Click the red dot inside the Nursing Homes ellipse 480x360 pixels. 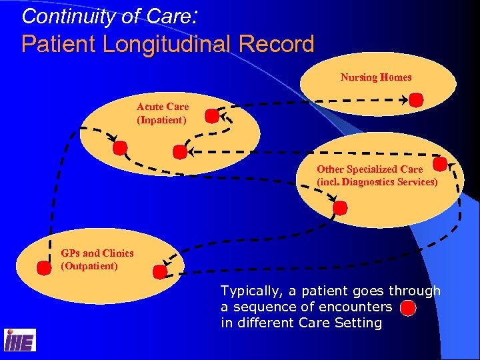[x=416, y=100]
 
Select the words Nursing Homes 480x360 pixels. [x=376, y=77]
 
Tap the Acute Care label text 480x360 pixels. [x=163, y=107]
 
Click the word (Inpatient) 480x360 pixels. [x=161, y=120]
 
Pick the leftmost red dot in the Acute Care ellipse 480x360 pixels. [x=119, y=147]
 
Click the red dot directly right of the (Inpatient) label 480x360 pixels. [x=211, y=117]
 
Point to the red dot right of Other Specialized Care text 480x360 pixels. [x=440, y=164]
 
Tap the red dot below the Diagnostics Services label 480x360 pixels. [x=340, y=207]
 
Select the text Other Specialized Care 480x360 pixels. [x=369, y=169]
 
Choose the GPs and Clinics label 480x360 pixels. [x=97, y=253]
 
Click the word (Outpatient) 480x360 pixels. [x=89, y=266]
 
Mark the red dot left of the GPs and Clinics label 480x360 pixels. [x=44, y=267]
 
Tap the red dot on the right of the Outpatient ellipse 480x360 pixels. [x=160, y=271]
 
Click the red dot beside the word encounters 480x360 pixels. [x=409, y=309]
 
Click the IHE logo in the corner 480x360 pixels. [x=20, y=341]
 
